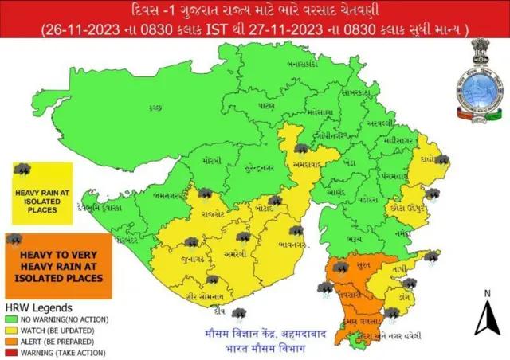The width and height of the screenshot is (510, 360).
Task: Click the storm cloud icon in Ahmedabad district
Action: (x=301, y=148)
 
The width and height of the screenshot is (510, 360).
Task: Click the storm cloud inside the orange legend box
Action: (x=14, y=238)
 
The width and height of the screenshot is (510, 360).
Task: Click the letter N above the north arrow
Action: (x=486, y=294)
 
